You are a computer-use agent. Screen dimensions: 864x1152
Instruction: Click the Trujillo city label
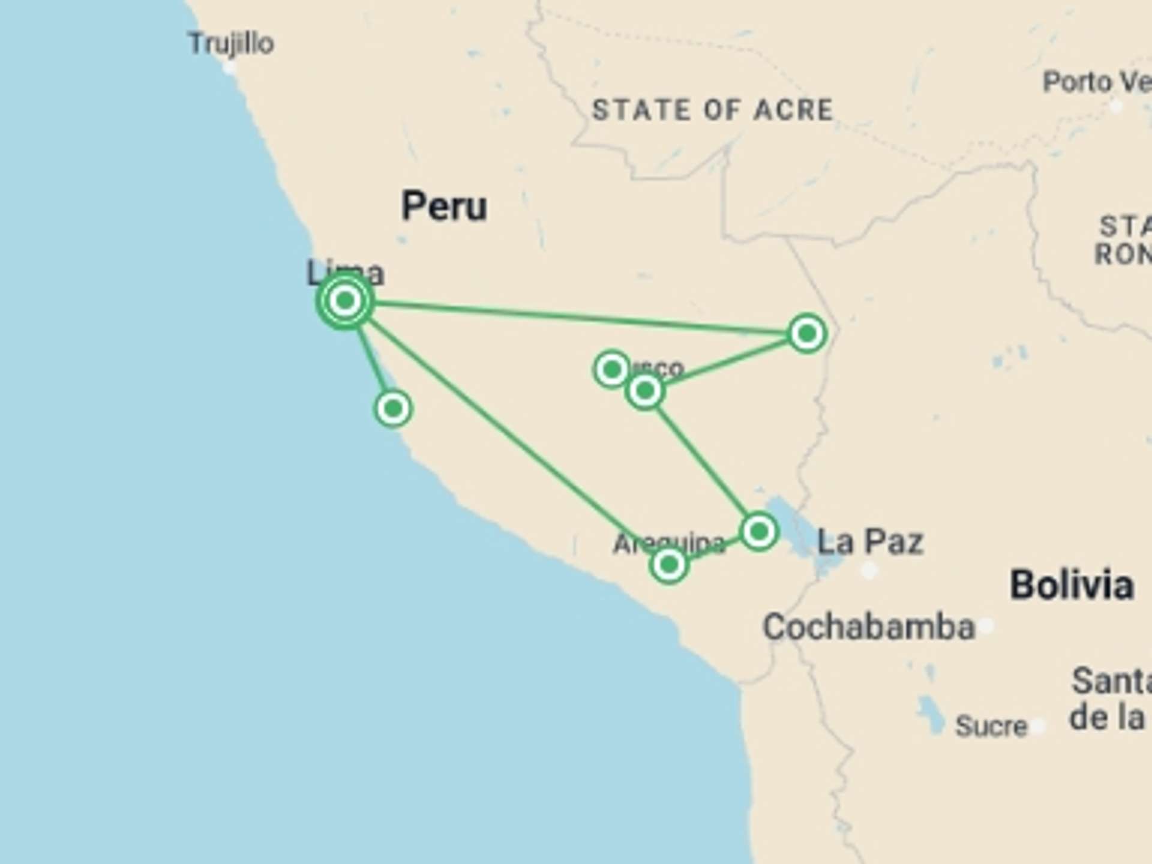coord(231,44)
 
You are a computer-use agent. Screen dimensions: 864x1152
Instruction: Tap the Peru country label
coord(443,206)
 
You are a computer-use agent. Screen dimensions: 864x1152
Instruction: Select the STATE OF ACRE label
coord(713,110)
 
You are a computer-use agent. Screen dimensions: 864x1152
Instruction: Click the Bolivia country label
coord(1072,585)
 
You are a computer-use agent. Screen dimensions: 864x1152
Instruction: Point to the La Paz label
coord(870,542)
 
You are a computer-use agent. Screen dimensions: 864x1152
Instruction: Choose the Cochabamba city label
coord(868,628)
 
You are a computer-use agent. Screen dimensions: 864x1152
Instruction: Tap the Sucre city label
coord(991,726)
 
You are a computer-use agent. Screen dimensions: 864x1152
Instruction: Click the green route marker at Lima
coord(345,300)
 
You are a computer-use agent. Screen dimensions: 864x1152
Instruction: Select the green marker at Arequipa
coord(668,565)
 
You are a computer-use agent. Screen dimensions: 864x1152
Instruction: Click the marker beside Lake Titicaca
coord(759,531)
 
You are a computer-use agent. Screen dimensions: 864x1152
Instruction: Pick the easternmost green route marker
coord(807,333)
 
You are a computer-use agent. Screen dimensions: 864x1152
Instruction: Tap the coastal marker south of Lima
coord(393,409)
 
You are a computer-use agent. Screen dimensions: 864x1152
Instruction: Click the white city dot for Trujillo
coord(229,68)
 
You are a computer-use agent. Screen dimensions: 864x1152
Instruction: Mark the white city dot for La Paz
coord(869,571)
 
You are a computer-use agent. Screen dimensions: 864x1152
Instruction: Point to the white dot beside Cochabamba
coord(986,627)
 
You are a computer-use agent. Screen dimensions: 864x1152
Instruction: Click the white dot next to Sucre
coord(1039,727)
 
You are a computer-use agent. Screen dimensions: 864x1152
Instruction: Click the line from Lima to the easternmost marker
coord(576,317)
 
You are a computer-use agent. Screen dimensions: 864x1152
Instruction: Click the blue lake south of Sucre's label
coord(931,714)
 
